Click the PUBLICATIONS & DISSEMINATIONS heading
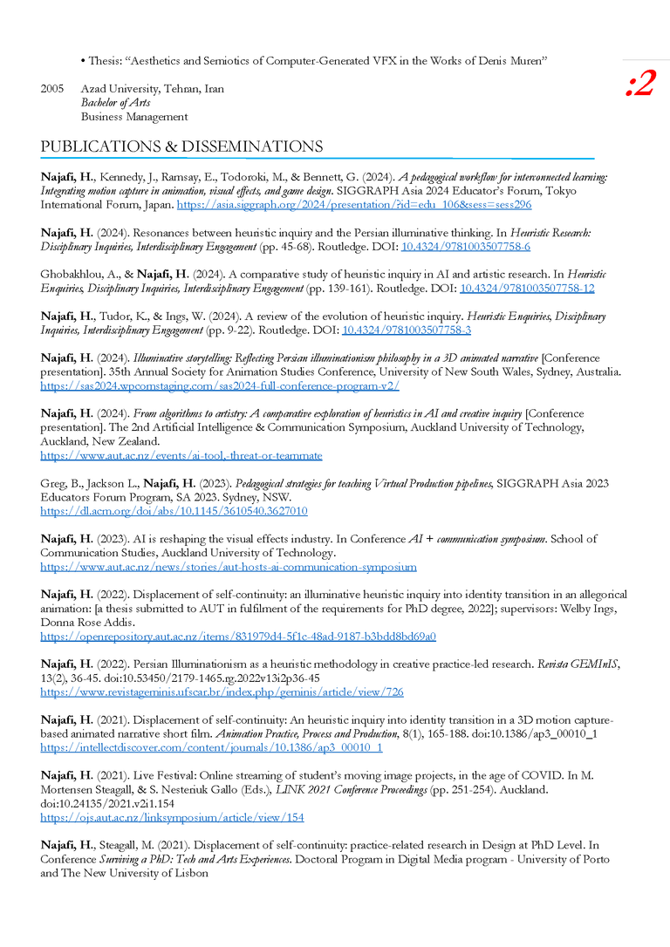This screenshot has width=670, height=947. pos(181,146)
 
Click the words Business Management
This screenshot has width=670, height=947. pos(134,116)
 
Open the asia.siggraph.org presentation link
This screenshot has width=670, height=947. pos(353,204)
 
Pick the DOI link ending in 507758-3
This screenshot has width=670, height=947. pos(407,330)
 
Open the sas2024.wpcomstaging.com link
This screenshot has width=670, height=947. pos(220,385)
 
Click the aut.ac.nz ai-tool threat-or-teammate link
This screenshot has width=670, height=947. pos(181,455)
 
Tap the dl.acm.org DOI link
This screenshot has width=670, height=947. pos(174,511)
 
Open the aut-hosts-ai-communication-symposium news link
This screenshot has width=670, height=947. pos(229,567)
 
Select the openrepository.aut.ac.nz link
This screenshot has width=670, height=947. pos(238,637)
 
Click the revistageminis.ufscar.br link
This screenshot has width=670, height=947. pos(222,692)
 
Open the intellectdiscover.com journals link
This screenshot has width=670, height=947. pos(211,748)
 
